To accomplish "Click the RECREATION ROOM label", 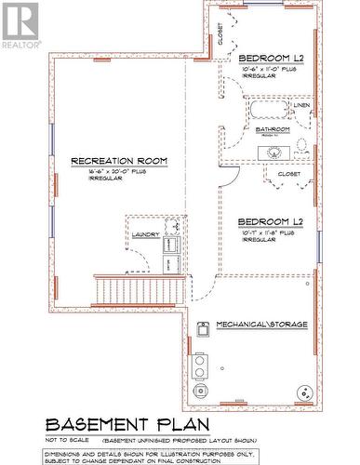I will [x=119, y=161].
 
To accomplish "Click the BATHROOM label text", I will [x=273, y=129].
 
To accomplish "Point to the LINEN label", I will [x=301, y=105].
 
